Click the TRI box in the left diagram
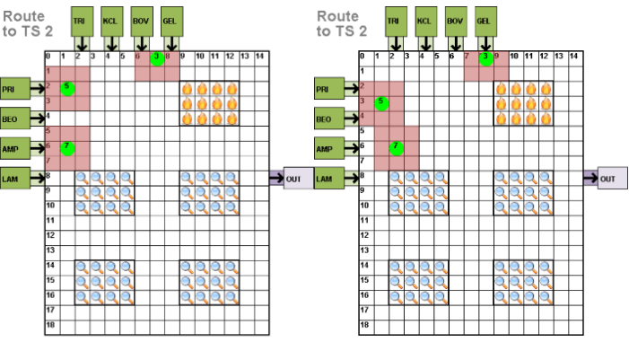80,20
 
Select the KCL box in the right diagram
424,20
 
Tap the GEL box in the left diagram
170,20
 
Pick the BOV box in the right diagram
454,20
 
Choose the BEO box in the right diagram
328,118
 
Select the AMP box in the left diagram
14,147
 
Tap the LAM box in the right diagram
328,178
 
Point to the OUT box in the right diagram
612,178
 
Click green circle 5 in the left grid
67,88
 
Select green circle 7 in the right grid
396,146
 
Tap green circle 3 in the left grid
157,58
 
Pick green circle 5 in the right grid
381,101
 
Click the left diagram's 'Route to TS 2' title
28,22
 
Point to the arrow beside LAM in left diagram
38,178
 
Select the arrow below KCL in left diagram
109,42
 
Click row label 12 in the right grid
364,235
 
